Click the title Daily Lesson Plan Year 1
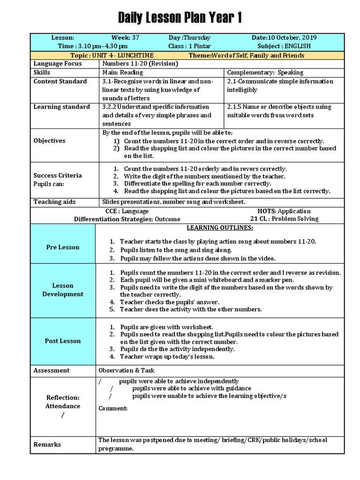point(180,18)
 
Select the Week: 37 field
point(125,38)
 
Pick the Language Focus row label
point(57,64)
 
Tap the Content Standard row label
point(60,82)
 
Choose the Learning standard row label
point(61,107)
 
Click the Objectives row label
point(49,141)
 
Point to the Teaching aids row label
point(54,202)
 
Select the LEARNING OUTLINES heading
point(220,228)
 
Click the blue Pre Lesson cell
point(63,247)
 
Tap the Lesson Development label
point(63,290)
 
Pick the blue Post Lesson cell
point(63,341)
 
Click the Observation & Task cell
point(123,370)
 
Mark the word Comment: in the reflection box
point(113,408)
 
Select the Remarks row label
point(47,444)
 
